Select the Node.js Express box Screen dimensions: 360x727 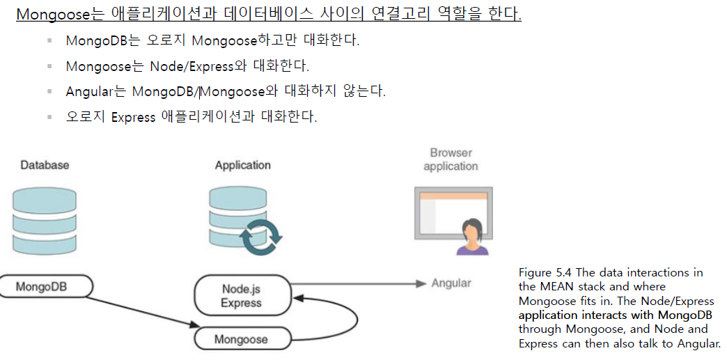241,295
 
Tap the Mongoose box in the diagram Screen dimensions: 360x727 241,339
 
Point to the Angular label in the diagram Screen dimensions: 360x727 451,283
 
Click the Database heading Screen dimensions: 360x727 45,165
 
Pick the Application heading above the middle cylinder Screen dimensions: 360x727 242,165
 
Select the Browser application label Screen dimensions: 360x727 451,159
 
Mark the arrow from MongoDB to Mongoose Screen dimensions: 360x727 139,311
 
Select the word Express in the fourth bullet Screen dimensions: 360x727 133,117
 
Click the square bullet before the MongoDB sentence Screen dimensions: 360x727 50,40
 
